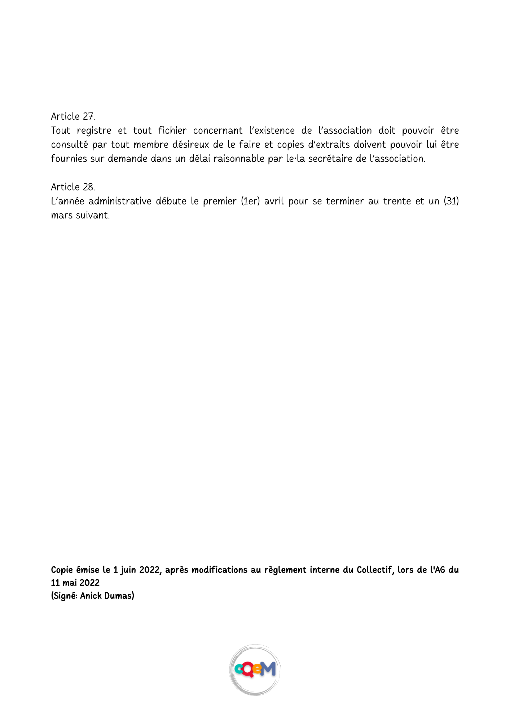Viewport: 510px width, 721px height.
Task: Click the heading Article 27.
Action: pyautogui.click(x=73, y=116)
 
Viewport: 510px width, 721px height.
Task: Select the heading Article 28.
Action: pyautogui.click(x=73, y=187)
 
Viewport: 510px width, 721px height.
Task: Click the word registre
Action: pyautogui.click(x=94, y=131)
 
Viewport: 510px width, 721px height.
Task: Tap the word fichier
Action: pyautogui.click(x=172, y=131)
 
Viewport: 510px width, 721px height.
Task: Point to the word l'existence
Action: pyautogui.click(x=272, y=131)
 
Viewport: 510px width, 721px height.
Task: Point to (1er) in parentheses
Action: pyautogui.click(x=250, y=201)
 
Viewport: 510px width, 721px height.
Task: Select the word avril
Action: pyautogui.click(x=274, y=201)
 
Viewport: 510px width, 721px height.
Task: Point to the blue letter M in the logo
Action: pyautogui.click(x=268, y=669)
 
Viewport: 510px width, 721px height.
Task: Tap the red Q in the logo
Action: pyautogui.click(x=249, y=670)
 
